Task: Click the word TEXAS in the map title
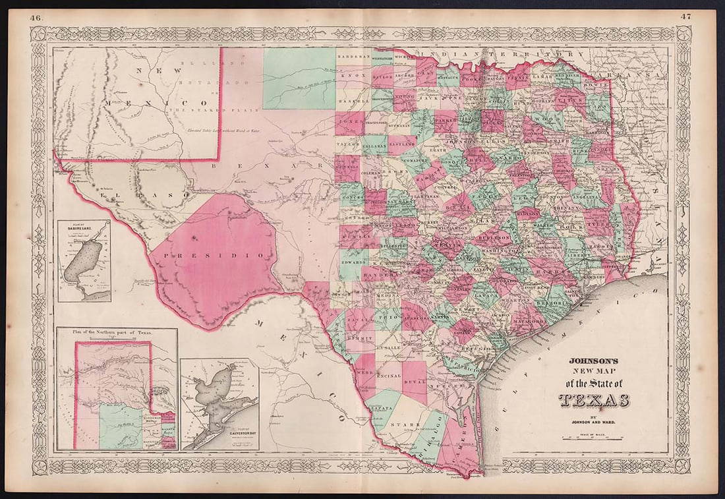click(x=594, y=400)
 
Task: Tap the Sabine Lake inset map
click(x=84, y=260)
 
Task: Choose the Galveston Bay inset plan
click(x=219, y=403)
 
